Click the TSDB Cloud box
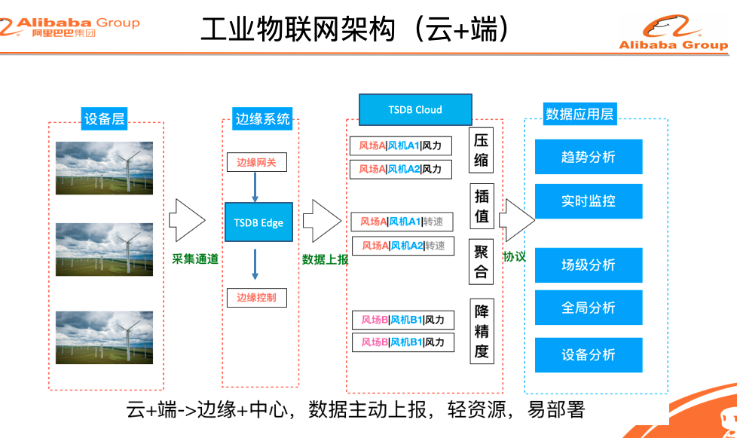tap(415, 110)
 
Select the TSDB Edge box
tap(258, 222)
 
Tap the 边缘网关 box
tap(256, 162)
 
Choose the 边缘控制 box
tap(256, 297)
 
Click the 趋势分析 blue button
tap(588, 157)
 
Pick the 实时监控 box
tap(588, 201)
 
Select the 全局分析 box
tap(588, 308)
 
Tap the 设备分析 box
tap(588, 354)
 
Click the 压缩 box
tap(482, 149)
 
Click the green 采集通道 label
tap(195, 259)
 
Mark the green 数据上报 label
tap(325, 259)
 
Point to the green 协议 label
tap(515, 256)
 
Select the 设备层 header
tap(105, 118)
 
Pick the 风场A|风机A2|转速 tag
tap(403, 246)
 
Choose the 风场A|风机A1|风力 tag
tap(400, 145)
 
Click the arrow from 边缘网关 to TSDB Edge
tap(255, 187)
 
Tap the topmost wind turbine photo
tap(104, 167)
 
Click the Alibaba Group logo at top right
tap(673, 34)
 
